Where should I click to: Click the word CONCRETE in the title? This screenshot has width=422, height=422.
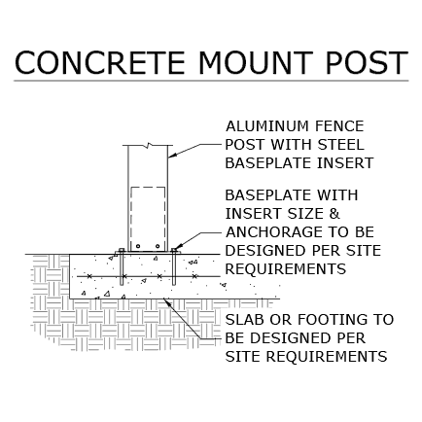point(100,62)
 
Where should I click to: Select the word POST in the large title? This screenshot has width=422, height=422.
point(367,62)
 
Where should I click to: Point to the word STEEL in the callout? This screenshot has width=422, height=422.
point(340,145)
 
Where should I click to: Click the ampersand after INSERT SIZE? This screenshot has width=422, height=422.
point(334,214)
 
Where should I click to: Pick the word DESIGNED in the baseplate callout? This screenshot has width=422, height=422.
point(265,251)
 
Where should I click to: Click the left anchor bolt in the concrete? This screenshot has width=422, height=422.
point(122,266)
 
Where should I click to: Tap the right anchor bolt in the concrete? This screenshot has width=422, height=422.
point(174,266)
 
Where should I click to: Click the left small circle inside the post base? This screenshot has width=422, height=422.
point(138,246)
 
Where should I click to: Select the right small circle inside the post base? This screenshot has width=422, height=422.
point(158,246)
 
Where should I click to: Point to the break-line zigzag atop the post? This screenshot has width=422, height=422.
point(149,145)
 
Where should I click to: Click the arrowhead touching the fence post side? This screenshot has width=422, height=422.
point(172,156)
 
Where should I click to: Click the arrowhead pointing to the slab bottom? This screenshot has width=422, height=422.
point(168,302)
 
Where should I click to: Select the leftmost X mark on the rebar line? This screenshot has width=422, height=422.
point(89,276)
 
